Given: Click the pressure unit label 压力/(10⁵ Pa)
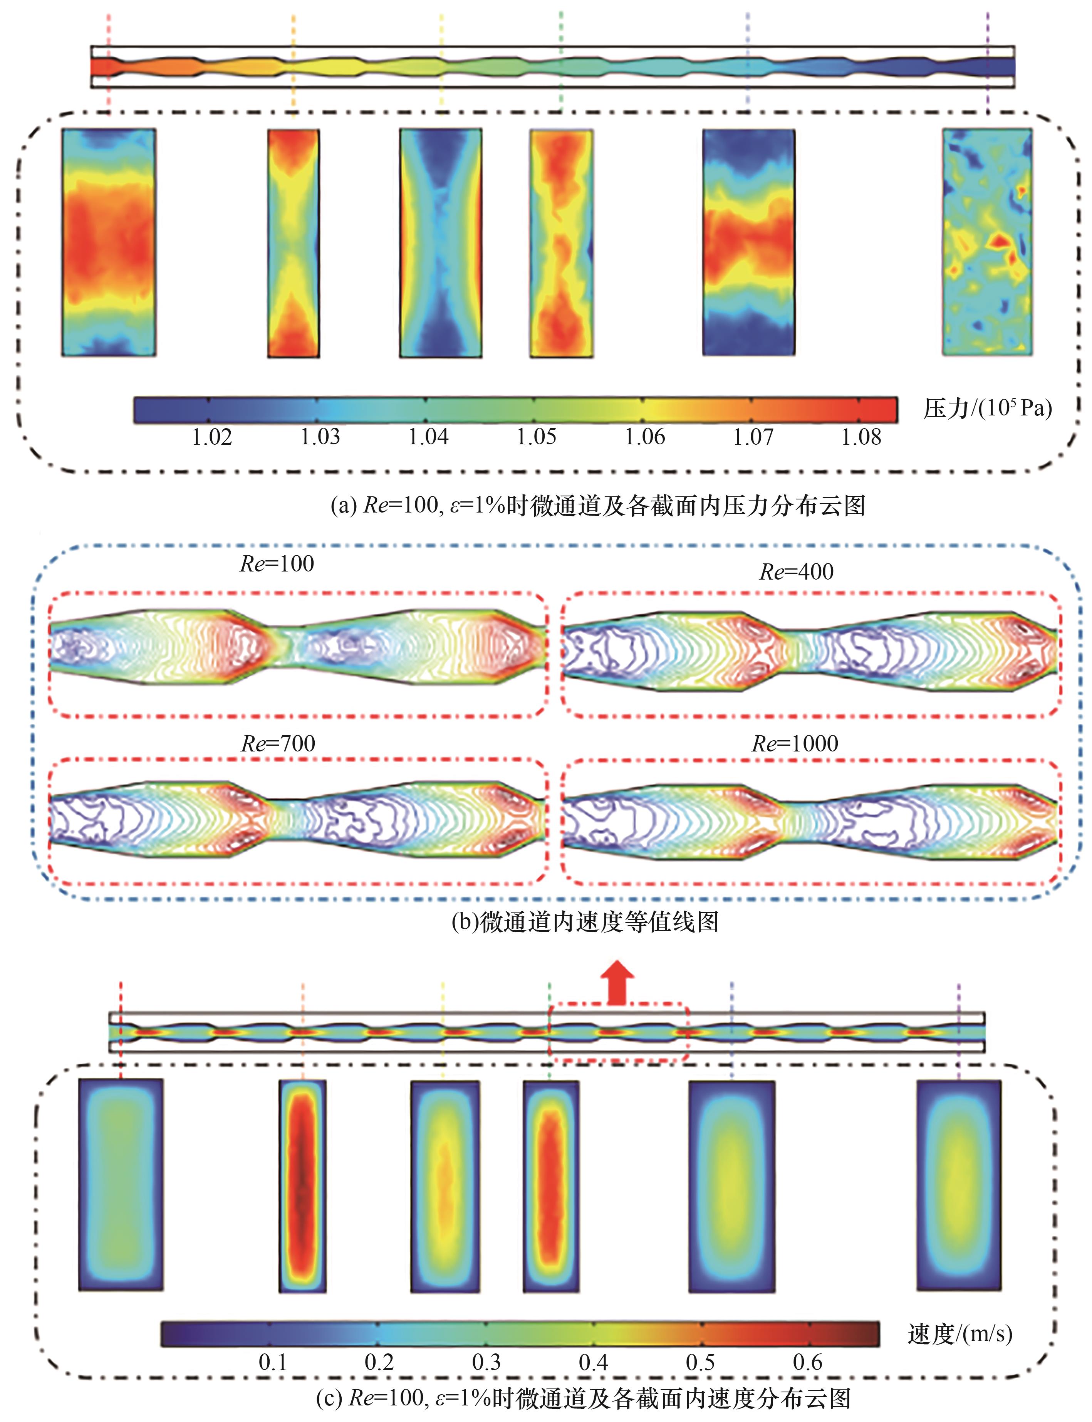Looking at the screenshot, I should click(x=987, y=408).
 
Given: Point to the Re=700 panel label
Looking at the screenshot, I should click(x=278, y=743).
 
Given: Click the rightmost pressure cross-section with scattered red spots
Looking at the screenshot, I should click(x=987, y=242).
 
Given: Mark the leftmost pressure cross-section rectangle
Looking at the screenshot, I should click(x=109, y=242).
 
